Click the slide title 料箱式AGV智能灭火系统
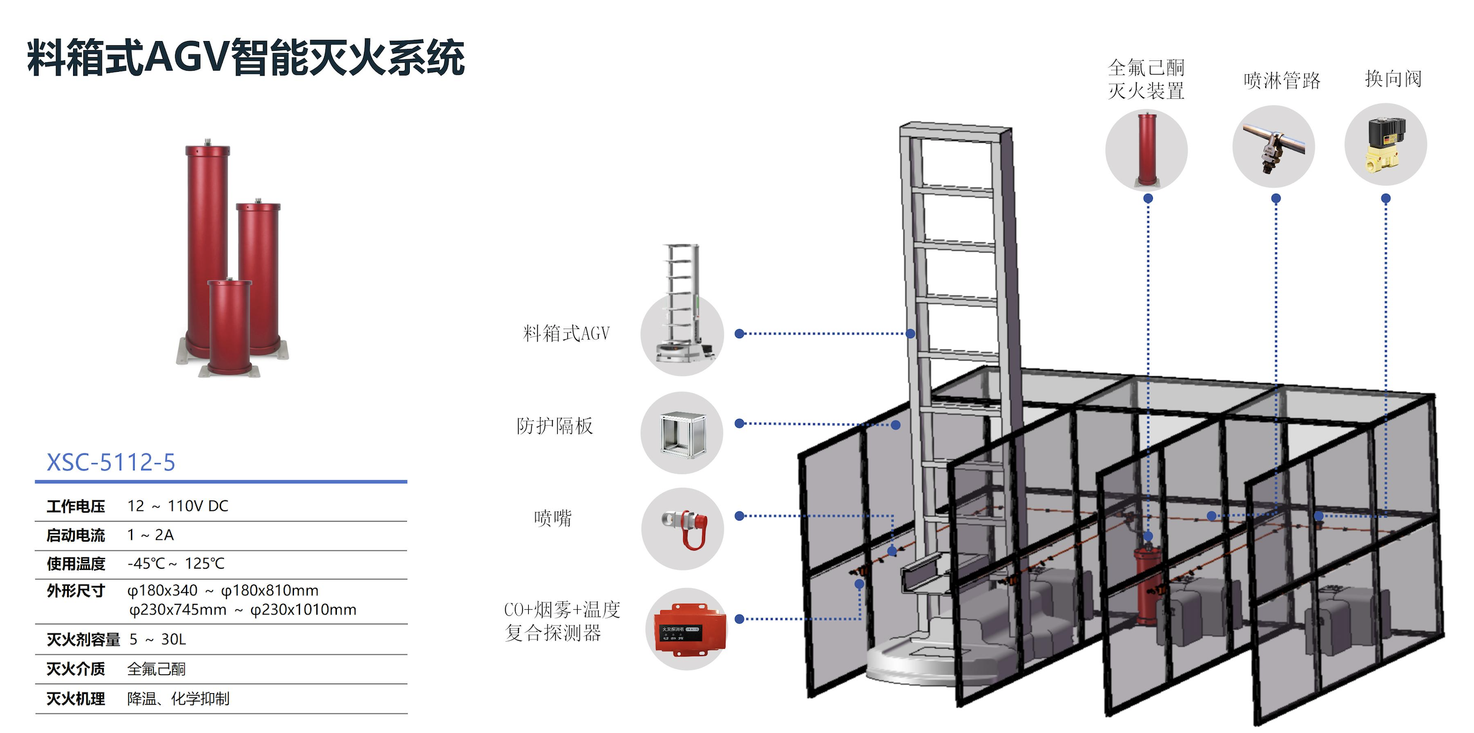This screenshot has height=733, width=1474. tap(246, 58)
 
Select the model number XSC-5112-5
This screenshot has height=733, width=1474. tap(111, 463)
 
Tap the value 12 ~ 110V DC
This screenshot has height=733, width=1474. tap(178, 506)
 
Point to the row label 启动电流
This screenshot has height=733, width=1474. tap(75, 535)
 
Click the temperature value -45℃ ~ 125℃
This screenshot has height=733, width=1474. tap(176, 563)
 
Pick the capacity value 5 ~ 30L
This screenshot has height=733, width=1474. tap(158, 639)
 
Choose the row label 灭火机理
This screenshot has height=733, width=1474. tap(75, 699)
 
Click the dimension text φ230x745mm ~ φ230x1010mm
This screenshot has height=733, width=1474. tap(243, 610)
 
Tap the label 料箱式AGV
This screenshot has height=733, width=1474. tap(566, 333)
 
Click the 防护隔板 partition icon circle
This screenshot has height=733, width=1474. tap(682, 433)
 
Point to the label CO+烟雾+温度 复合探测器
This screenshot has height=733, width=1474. tap(562, 621)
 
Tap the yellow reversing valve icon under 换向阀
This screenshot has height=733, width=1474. tap(1386, 144)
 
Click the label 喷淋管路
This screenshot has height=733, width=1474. tap(1282, 80)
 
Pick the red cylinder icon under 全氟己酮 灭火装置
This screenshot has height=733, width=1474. tap(1147, 149)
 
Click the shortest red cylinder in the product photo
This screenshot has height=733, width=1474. tap(229, 327)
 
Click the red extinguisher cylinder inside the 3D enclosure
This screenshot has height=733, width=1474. tap(1147, 583)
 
